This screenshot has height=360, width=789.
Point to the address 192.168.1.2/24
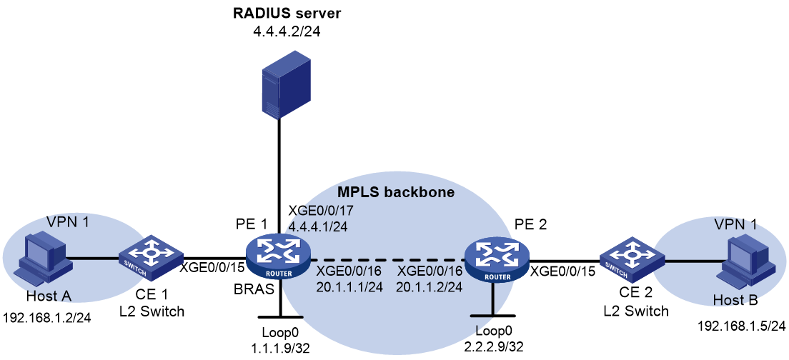point(46,318)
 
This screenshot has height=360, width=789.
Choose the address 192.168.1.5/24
point(741,326)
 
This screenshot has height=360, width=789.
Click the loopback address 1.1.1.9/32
point(282,346)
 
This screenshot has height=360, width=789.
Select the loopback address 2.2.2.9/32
point(492,347)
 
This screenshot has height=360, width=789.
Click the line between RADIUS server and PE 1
point(277,177)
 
